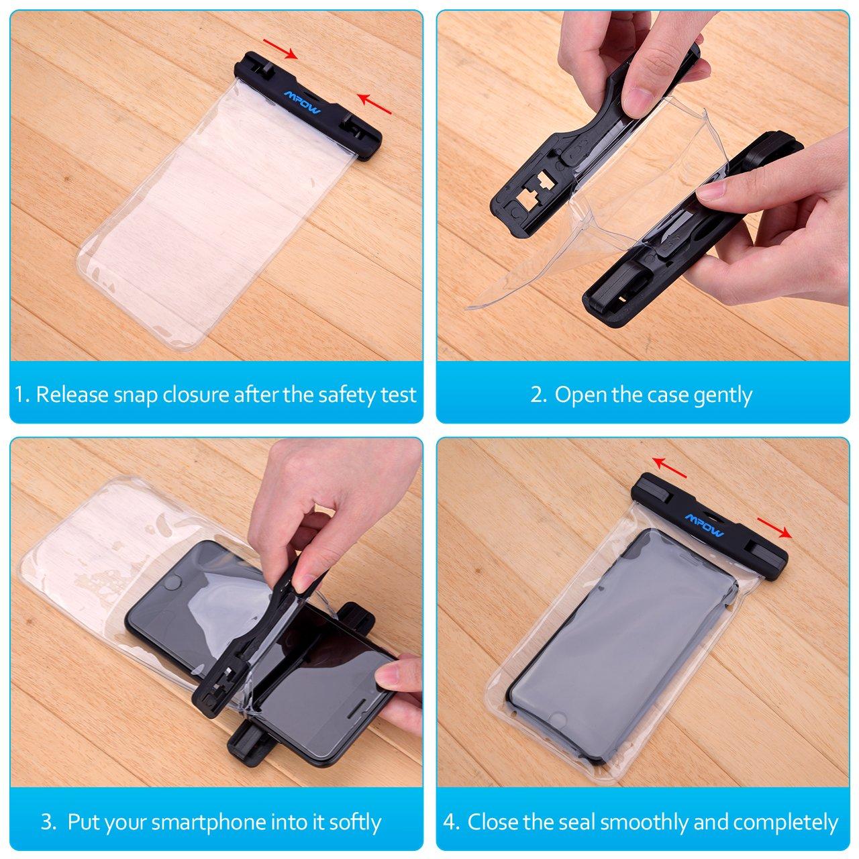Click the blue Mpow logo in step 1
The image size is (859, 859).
[x=301, y=102]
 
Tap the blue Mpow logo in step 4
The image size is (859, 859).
[x=705, y=525]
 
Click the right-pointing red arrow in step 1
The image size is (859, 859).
[x=281, y=48]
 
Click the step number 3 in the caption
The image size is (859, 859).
[x=46, y=809]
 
